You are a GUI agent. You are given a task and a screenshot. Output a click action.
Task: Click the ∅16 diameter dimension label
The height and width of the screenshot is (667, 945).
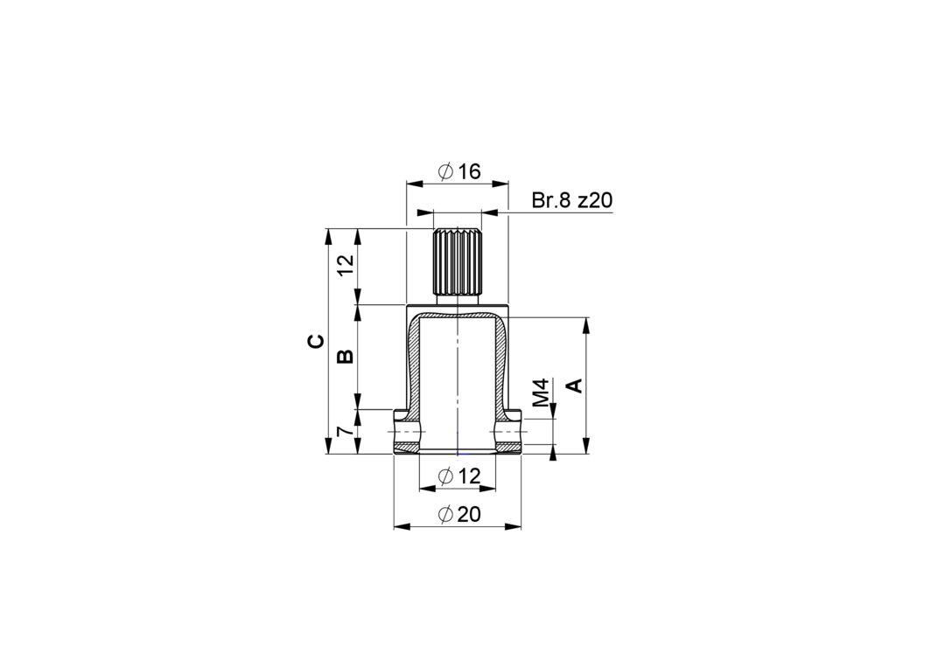pyautogui.click(x=459, y=171)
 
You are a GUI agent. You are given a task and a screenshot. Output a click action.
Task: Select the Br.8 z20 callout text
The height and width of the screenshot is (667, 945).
pyautogui.click(x=572, y=200)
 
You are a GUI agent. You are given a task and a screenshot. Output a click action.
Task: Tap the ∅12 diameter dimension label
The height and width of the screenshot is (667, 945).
pyautogui.click(x=459, y=476)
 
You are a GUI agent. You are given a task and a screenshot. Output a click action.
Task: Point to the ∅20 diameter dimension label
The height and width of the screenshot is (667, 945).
pyautogui.click(x=459, y=514)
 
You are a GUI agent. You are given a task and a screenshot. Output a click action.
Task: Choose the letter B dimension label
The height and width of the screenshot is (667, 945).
pyautogui.click(x=345, y=357)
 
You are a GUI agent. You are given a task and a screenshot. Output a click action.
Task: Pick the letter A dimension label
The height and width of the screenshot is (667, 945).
pyautogui.click(x=576, y=386)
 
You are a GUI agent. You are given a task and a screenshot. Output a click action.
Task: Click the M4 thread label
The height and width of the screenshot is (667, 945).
pyautogui.click(x=542, y=392)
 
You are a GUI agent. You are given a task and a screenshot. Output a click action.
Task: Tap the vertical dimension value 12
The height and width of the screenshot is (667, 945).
pyautogui.click(x=345, y=266)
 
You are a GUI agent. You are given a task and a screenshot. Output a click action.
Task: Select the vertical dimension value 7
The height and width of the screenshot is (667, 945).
pyautogui.click(x=344, y=432)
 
